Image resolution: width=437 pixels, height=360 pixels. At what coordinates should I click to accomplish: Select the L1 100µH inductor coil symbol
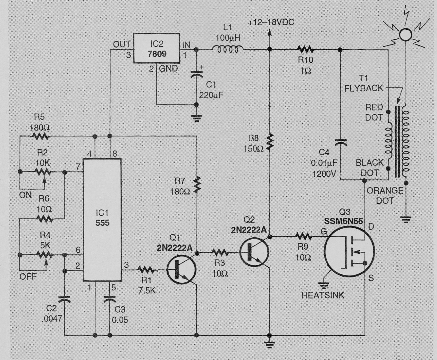coord(228,50)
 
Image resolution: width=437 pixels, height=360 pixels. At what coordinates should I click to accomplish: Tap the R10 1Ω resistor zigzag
coord(305,50)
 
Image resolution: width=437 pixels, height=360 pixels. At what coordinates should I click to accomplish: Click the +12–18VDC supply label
coord(271,22)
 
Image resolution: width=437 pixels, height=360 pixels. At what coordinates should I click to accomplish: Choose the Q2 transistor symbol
coord(254,252)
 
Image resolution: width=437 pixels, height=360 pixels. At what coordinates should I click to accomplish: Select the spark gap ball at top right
coord(405,35)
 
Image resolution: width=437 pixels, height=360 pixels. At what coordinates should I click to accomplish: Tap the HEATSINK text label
coord(323,295)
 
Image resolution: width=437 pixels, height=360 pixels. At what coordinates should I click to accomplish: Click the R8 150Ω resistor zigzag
coord(270,142)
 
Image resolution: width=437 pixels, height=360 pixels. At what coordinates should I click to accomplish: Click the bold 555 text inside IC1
coord(102,223)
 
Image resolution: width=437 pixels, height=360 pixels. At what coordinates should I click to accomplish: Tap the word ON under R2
coord(25,195)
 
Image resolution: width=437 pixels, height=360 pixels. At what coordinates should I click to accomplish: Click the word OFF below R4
coord(28,277)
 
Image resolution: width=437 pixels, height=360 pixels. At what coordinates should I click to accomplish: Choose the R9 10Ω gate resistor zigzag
coord(304,237)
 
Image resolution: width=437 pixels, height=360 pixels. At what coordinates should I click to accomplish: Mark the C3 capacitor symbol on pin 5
coord(110,299)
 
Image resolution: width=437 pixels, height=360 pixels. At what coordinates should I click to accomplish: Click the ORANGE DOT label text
coord(385,195)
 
